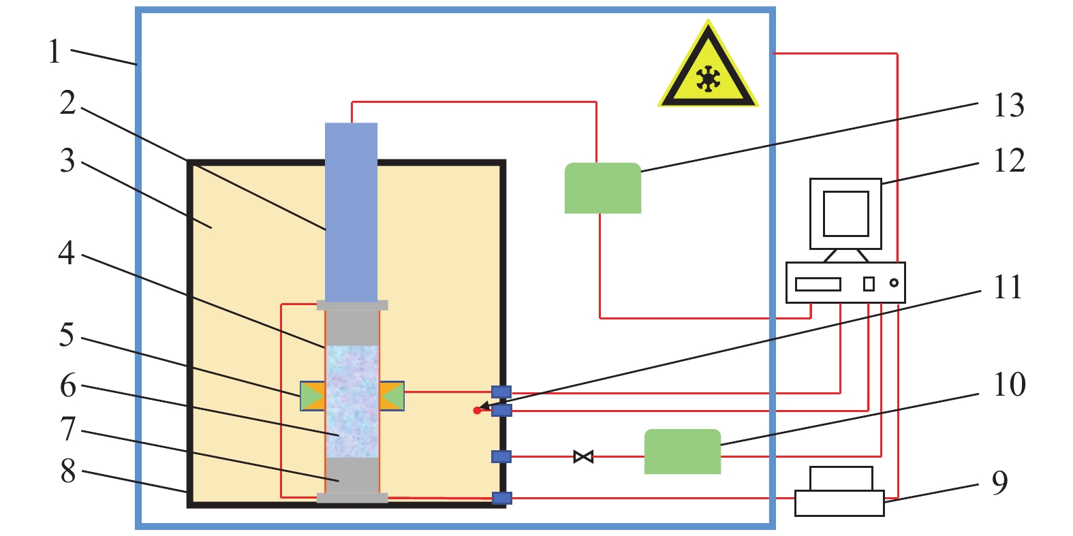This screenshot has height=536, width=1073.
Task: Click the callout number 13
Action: pos(1008,106)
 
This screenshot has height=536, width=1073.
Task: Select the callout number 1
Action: pos(55,52)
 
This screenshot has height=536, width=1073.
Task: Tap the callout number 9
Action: pos(999,482)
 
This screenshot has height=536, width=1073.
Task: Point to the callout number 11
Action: pos(1008,287)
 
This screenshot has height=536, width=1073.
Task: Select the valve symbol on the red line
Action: pos(583,456)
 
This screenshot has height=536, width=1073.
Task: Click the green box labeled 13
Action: pos(602,188)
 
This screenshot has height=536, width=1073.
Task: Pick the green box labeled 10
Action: pos(682,451)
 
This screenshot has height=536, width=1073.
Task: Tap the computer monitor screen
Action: pos(845,213)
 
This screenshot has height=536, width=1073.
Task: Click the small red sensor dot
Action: pos(477,411)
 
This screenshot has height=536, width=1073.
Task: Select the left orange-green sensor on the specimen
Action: pos(313,396)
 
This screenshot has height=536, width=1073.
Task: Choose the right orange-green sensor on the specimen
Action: pos(392,396)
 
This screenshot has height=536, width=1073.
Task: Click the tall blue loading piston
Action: pos(351,211)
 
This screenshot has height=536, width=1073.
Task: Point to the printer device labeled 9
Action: pos(839,492)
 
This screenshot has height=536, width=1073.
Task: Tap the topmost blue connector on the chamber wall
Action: pos(501,392)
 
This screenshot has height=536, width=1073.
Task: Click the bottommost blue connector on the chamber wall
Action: pos(501,498)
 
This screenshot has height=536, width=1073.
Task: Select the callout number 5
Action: pos(66,335)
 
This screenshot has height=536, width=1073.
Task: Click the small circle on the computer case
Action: pos(894,283)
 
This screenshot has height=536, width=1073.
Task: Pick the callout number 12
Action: pos(1008,161)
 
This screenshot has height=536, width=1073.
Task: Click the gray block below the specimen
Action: pos(352,475)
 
